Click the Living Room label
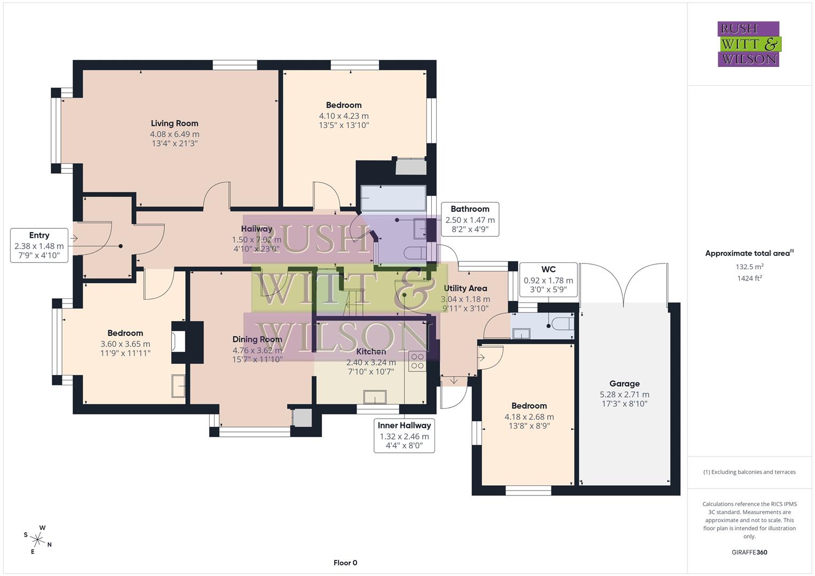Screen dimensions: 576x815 (175, 123)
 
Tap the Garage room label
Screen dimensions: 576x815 (624, 383)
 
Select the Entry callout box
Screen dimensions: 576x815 (39, 246)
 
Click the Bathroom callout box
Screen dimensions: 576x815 (470, 219)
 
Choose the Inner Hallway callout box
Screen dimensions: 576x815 (404, 435)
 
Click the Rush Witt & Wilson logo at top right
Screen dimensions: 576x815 (748, 44)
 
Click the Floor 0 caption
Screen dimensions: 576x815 (345, 563)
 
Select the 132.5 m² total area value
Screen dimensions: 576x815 (749, 267)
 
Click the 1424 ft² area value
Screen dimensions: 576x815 (749, 278)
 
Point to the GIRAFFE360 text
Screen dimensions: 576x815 (749, 553)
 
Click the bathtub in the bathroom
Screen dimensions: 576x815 (393, 198)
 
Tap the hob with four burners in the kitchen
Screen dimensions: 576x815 (417, 361)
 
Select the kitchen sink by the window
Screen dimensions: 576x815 (375, 397)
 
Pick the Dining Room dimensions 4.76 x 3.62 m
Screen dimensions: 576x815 (257, 350)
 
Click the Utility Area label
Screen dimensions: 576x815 (465, 288)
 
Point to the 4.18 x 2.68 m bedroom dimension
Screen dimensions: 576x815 (529, 417)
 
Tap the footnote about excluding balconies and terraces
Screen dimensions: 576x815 (749, 472)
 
